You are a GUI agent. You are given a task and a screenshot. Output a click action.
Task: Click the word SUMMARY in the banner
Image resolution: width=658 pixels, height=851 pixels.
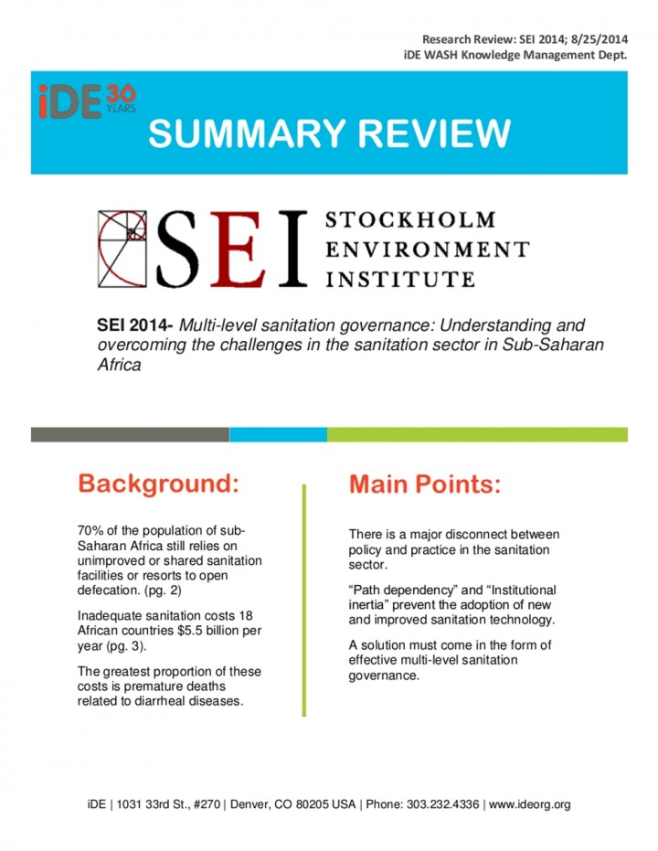(x=241, y=134)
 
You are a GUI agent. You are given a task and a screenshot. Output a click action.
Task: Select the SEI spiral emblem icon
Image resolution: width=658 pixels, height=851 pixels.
(x=124, y=247)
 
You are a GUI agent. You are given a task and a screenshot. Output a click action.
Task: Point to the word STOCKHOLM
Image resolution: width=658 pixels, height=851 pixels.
(x=410, y=220)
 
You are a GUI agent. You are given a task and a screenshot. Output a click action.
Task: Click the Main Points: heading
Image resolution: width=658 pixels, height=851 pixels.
(x=425, y=484)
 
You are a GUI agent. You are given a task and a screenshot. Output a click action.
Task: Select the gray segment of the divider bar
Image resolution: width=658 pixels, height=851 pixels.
(x=130, y=434)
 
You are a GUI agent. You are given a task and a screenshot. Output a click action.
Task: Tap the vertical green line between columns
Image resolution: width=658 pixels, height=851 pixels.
(x=304, y=603)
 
